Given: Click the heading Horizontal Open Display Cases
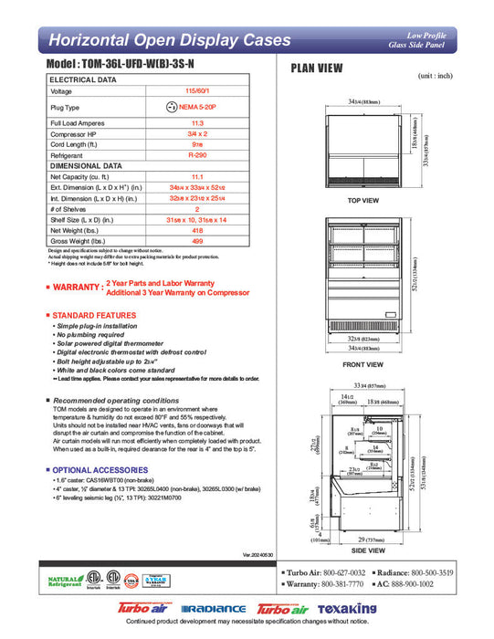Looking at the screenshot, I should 169,40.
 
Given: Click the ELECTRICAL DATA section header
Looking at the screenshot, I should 83,80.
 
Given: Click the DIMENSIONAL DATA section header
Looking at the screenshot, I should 86,165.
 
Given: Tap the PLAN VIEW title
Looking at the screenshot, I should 316,68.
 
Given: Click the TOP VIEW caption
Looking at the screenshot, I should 363,200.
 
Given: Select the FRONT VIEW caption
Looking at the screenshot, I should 363,364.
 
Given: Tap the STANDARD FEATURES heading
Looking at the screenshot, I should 95,315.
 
